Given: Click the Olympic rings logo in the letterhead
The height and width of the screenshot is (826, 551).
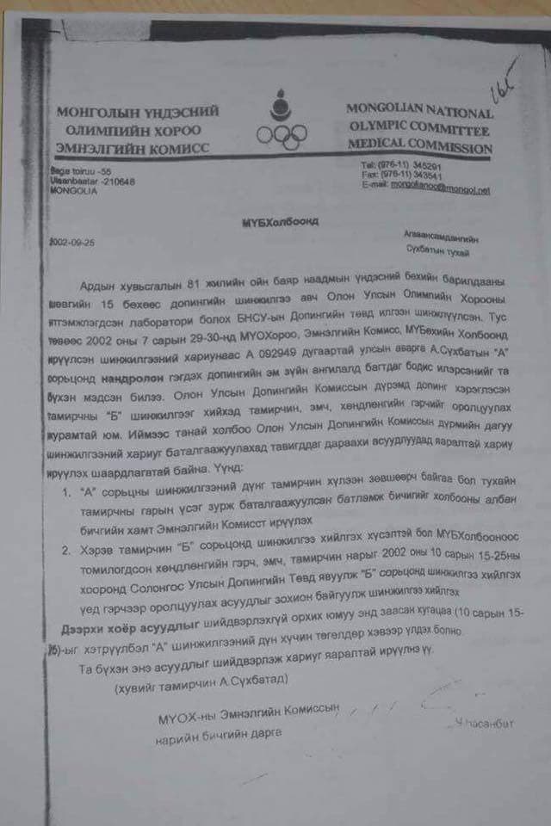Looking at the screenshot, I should pyautogui.click(x=282, y=134).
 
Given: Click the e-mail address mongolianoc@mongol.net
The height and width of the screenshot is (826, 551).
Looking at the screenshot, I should pyautogui.click(x=440, y=185).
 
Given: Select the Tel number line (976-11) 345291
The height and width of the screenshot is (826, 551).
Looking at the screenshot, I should pyautogui.click(x=401, y=166).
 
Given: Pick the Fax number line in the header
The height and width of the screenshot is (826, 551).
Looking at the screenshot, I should pyautogui.click(x=401, y=176).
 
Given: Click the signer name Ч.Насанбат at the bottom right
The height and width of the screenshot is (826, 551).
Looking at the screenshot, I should pyautogui.click(x=485, y=724).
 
